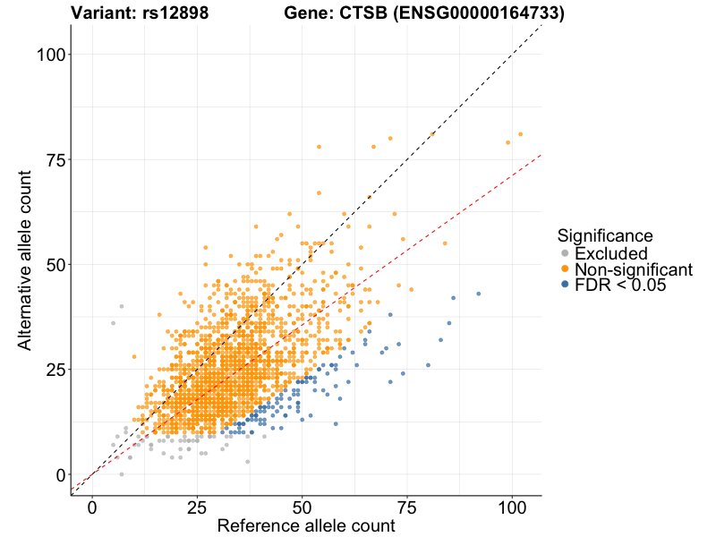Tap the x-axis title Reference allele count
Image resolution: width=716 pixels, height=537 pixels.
pos(306,525)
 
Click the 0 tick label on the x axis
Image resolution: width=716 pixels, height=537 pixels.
pos(92,507)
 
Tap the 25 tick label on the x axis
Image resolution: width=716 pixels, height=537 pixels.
pos(197,507)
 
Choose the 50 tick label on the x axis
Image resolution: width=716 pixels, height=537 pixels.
pos(303,507)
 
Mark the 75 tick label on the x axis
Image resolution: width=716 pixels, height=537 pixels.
pos(407,507)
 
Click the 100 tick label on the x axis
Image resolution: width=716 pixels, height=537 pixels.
pos(512,507)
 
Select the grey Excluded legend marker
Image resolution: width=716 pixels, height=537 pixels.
pos(565,254)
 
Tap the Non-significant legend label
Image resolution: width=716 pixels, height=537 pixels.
pos(634,269)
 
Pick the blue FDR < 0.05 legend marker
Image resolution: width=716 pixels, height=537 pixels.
pos(565,285)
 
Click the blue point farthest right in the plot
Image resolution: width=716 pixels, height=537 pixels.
pos(479,294)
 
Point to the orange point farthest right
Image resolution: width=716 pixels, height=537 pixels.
pos(520,134)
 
